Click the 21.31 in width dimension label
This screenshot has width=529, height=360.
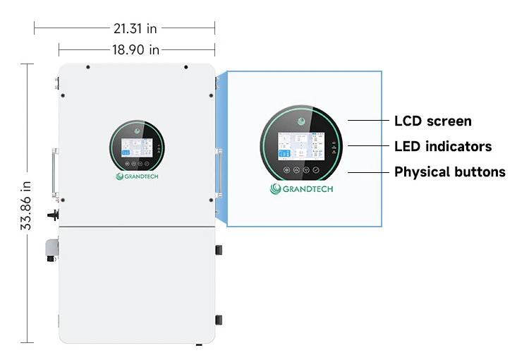(x=135, y=28)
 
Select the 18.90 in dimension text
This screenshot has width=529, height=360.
(x=135, y=49)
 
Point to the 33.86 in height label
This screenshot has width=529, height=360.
(x=27, y=205)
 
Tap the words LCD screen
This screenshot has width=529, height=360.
(x=432, y=121)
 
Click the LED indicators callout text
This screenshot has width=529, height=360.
(x=442, y=146)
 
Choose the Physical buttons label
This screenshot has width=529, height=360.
(x=449, y=172)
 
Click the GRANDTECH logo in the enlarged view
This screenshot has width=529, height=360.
(x=301, y=188)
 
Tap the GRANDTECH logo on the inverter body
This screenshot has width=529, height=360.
(x=138, y=176)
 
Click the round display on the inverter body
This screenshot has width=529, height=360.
(x=137, y=148)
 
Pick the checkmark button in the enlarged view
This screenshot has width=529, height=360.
(x=316, y=171)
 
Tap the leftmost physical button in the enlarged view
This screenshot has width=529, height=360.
(x=286, y=171)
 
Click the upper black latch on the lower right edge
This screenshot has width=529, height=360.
(x=219, y=250)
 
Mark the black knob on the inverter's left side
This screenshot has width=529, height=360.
(x=51, y=212)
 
